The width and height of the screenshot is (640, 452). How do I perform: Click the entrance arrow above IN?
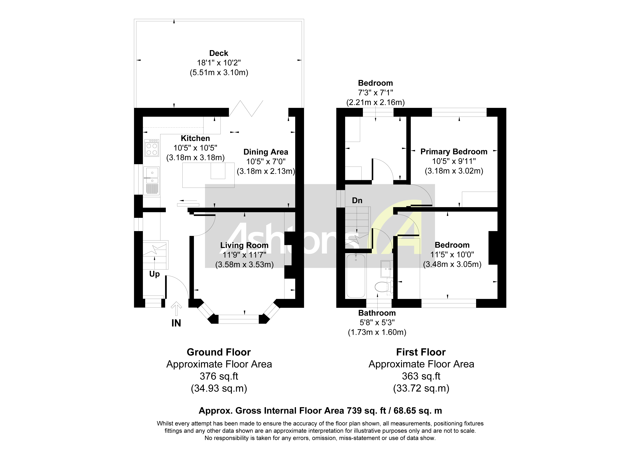pyautogui.click(x=176, y=309)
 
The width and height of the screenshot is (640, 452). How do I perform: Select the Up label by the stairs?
pyautogui.click(x=154, y=274)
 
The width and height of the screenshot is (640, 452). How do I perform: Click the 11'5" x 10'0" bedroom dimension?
pyautogui.click(x=452, y=255)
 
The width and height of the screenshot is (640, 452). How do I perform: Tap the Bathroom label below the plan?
pyautogui.click(x=377, y=313)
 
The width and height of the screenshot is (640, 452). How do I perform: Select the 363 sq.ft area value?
pyautogui.click(x=421, y=376)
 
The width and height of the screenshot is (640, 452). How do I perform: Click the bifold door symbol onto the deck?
pyautogui.click(x=246, y=109)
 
